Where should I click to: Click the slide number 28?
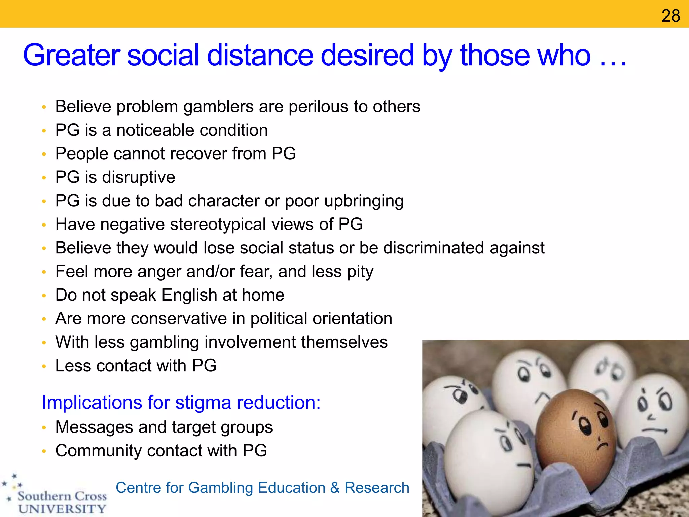coord(670,16)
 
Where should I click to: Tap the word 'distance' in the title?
coord(260,55)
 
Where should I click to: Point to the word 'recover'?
coord(200,154)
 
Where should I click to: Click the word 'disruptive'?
coord(139,177)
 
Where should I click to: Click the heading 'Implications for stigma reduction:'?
coord(181,402)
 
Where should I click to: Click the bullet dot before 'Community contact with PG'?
coord(44,451)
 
